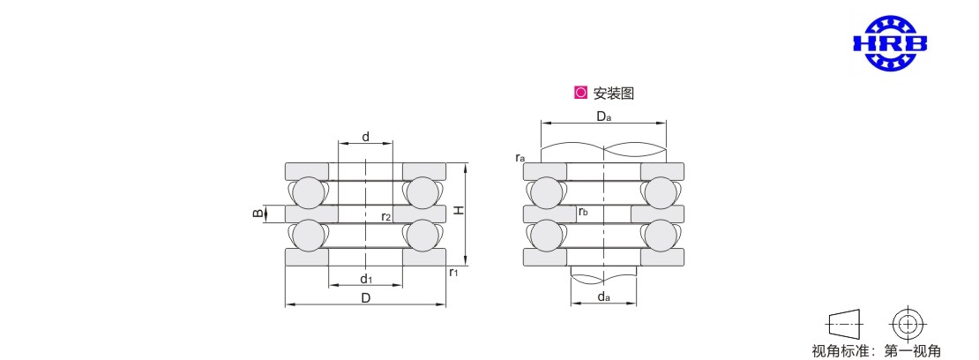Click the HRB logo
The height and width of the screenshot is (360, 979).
pos(890,42)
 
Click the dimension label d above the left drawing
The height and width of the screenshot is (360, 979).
pos(366,136)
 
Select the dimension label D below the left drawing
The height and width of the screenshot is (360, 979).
pos(366,298)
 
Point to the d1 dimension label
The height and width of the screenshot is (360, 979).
pos(367,277)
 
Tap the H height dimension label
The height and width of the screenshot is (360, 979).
pos(459,211)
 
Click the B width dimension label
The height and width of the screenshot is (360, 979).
pos(257,214)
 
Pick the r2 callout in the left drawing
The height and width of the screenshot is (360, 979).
pos(385,217)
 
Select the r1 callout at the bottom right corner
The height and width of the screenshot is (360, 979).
pos(454,272)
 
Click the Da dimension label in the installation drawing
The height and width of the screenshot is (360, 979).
pos(603,116)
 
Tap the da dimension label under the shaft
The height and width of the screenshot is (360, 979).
pos(603,296)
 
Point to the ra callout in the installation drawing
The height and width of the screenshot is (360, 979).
pos(519,157)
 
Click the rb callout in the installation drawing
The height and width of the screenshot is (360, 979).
pos(583,212)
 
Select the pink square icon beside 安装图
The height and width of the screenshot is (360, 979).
pos(580,94)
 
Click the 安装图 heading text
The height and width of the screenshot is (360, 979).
pos(614,94)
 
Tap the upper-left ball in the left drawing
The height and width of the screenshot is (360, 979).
pos(309,191)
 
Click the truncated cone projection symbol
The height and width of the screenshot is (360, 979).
pos(844,324)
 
